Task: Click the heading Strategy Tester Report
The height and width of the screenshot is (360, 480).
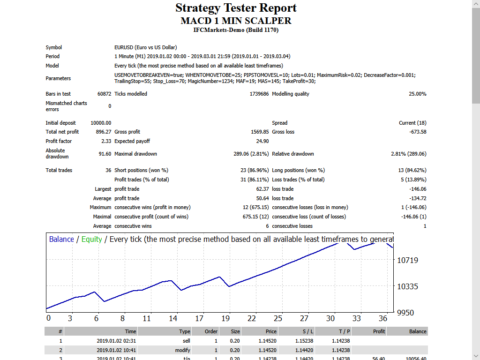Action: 236,8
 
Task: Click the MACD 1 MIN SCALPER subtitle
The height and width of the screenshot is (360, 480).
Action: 236,21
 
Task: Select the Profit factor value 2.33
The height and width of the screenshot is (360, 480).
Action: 106,141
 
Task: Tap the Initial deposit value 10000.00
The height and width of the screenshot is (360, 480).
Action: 101,123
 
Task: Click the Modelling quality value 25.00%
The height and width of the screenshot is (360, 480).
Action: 417,94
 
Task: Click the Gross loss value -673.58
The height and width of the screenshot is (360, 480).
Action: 418,132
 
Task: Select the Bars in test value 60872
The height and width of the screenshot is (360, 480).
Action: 104,94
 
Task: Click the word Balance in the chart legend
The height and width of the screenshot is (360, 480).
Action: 61,239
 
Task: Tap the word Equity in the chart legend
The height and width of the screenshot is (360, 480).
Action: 91,239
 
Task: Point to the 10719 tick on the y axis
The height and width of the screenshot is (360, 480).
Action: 407,260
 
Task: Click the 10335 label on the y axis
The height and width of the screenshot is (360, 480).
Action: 407,286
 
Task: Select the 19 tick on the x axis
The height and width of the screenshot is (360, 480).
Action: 225,318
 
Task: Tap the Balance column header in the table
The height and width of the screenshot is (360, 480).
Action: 418,331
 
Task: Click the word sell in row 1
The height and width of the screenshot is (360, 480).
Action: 186,341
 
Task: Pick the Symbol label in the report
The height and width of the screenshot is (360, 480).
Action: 53,47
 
